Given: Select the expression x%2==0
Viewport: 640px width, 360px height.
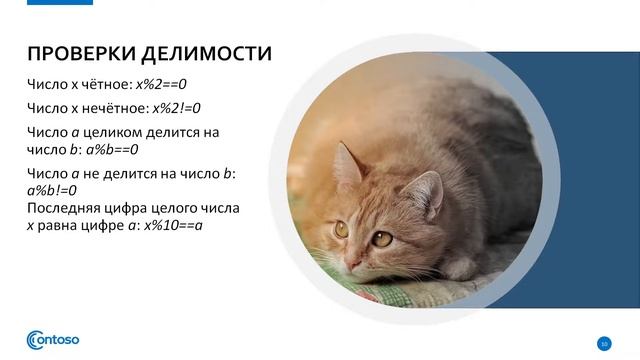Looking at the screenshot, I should point(181,85).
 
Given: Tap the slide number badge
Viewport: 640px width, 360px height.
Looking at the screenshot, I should point(603,344).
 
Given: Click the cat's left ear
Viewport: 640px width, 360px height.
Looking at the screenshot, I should point(345,165).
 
